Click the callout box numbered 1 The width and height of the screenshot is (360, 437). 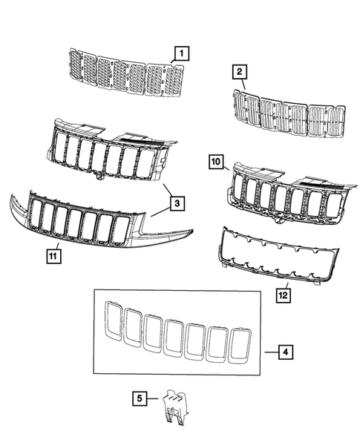[x=181, y=53]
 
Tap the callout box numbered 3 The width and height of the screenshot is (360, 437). [x=175, y=202]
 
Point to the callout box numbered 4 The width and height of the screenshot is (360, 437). [x=284, y=350]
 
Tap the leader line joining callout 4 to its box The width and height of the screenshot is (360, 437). [x=269, y=350]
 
